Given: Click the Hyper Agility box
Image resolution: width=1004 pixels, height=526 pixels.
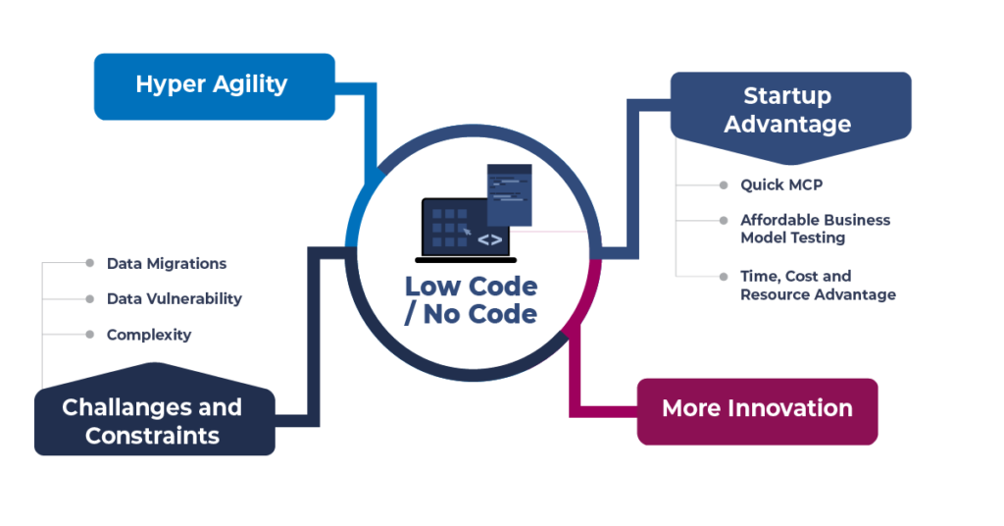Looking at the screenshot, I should point(214,84).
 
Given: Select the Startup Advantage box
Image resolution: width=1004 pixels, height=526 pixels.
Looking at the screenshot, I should point(789,110).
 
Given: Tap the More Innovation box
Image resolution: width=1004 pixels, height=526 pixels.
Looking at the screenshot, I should point(757,409).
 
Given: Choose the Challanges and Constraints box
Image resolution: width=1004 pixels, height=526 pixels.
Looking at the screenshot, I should point(154,421).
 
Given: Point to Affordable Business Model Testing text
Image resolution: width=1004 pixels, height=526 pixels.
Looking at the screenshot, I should point(815,229).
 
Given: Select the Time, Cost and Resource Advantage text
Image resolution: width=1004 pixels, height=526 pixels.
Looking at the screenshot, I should point(818,286).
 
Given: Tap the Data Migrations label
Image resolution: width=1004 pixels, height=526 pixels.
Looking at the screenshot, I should point(166,263).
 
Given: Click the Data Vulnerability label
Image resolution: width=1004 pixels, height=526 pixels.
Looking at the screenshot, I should point(174,298).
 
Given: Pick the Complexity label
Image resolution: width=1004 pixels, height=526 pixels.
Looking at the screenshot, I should point(148,335).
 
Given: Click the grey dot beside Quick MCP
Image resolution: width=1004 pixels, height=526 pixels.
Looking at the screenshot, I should point(722,184).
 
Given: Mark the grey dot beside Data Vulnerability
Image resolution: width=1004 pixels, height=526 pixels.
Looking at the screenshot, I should point(88,298).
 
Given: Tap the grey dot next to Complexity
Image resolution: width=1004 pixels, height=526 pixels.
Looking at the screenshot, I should point(88,335).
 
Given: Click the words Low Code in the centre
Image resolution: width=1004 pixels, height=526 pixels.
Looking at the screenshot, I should point(471,287).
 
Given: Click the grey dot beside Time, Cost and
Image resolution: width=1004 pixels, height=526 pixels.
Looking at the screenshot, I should point(722,277).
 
